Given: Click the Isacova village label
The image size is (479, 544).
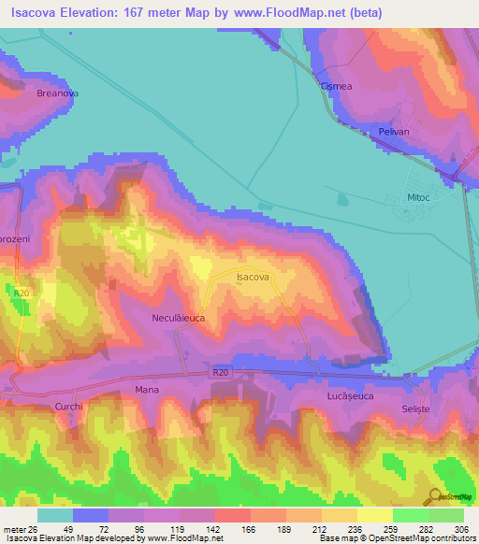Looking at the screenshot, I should pyautogui.click(x=253, y=278).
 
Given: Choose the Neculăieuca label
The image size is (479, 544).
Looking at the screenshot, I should pyautogui.click(x=178, y=319).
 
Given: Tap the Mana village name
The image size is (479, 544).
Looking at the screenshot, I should pyautogui.click(x=147, y=389).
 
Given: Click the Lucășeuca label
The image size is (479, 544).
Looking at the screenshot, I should pyautogui.click(x=350, y=396).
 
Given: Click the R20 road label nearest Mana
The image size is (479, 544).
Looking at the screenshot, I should pyautogui.click(x=220, y=373).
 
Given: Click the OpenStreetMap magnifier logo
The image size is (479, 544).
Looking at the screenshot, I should pyautogui.click(x=434, y=497).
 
